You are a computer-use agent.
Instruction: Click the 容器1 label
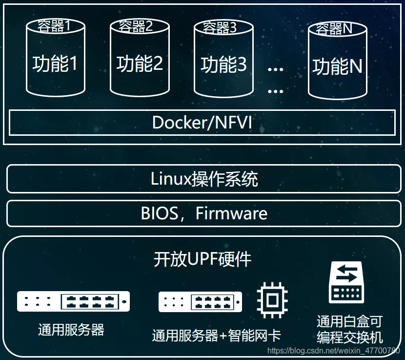point(55,25)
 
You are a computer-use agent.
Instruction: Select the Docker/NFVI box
point(202,122)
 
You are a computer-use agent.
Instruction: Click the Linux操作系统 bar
point(203,179)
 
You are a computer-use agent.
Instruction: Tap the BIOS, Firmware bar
point(203,213)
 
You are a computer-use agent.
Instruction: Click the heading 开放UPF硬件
point(202,258)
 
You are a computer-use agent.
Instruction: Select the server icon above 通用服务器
point(73,301)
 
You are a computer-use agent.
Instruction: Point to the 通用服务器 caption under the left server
point(71,330)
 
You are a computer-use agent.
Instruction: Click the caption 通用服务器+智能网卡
point(216,336)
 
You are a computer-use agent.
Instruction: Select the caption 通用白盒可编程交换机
point(349,329)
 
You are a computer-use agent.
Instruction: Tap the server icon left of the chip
point(201,302)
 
